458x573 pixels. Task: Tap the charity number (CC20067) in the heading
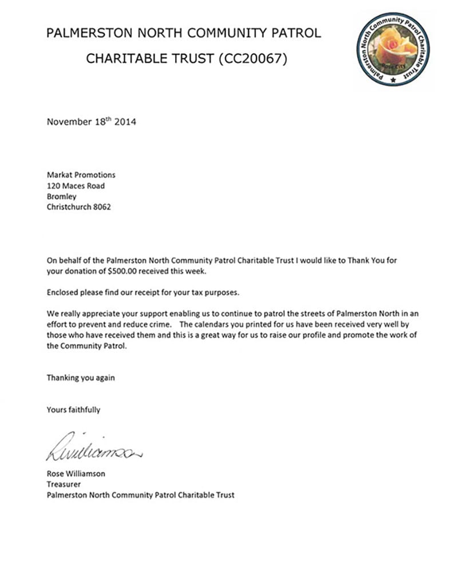[252, 58]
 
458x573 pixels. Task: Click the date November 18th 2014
[92, 121]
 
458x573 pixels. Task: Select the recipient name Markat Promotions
[81, 175]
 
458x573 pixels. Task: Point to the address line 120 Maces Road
[76, 186]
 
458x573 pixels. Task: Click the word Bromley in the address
[61, 197]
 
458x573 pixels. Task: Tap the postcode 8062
[101, 207]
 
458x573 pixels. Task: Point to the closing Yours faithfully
[73, 410]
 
